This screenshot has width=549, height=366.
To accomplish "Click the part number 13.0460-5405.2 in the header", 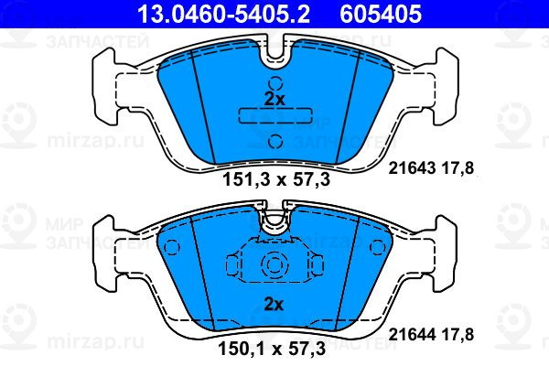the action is pos(223,14).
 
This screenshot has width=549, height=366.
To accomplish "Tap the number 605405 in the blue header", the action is pos(381,14).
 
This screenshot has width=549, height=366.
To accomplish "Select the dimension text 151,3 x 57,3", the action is pos(276,180).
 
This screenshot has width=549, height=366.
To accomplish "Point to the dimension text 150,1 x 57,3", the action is pos(272,349).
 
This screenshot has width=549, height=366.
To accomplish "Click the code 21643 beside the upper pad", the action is pos(412,168).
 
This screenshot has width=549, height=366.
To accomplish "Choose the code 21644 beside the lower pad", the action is pos(412,335).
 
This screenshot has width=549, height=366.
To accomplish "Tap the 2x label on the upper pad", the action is pos(274,100).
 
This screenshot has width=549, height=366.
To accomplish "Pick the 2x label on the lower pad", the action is pos(274,304).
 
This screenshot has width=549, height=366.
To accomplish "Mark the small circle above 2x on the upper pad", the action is pos(275,83).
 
